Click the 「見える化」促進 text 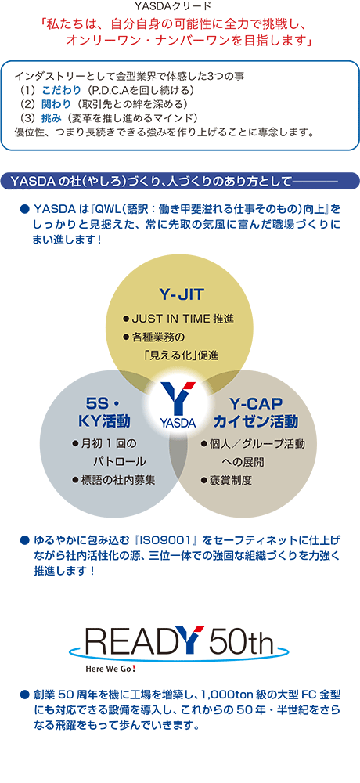coord(180,356)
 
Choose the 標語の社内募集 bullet coord(113,481)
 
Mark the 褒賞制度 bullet coord(225,481)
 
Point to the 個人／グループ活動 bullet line coord(253,444)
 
